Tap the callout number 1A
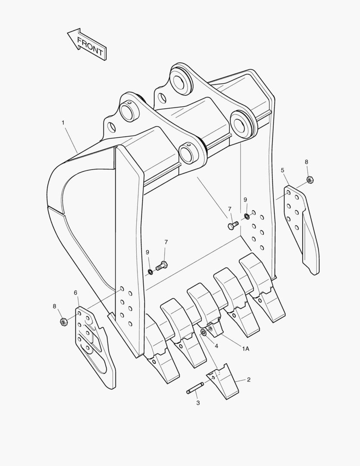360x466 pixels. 245,349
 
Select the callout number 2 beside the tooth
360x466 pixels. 249,380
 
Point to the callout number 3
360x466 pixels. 198,403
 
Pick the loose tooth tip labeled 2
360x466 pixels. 223,383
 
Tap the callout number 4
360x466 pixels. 216,346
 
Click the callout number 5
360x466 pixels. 283,170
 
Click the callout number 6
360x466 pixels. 76,293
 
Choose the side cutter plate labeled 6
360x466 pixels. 96,345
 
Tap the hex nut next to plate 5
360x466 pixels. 310,179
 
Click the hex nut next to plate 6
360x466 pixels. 63,322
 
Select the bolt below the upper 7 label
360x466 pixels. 233,225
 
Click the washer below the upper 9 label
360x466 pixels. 246,216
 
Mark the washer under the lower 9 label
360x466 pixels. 150,271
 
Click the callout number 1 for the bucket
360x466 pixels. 63,123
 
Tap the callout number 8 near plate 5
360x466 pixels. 307,162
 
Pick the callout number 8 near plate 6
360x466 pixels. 55,306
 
